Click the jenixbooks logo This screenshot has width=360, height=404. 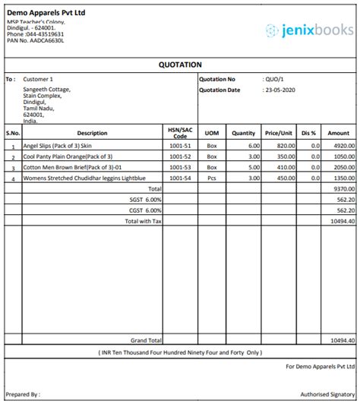point(309,30)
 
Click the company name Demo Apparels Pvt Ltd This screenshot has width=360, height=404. point(46,13)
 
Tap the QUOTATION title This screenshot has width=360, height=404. point(181,65)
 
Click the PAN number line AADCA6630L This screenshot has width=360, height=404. point(36,40)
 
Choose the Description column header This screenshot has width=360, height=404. point(92,133)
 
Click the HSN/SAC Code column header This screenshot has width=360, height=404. point(181,133)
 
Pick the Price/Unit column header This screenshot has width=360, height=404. point(279,133)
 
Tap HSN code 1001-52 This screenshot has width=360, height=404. point(181,156)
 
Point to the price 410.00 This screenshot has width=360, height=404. point(285,166)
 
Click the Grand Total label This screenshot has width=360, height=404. point(146,341)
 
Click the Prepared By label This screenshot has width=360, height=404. point(23,395)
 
